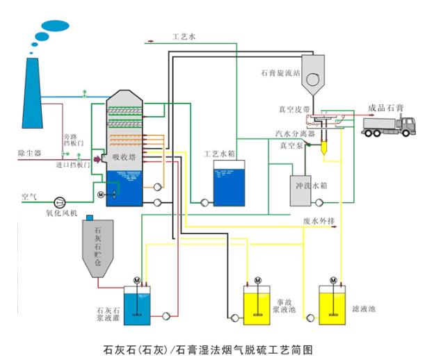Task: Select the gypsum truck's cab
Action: pos(406,124)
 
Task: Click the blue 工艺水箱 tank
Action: pos(229,184)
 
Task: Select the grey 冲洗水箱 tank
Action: pos(301,190)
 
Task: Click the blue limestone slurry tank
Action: pos(140,306)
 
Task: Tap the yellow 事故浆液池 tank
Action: pos(259,305)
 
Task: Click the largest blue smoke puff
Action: pos(55,26)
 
